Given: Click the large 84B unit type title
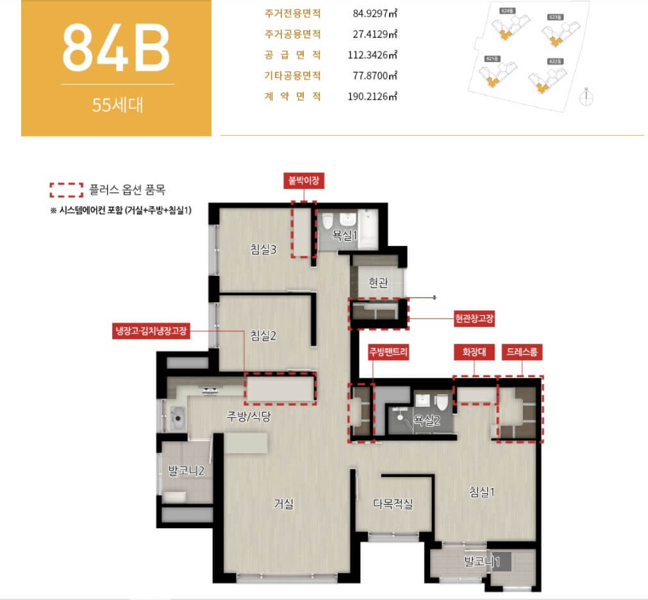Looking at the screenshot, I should (x=117, y=47).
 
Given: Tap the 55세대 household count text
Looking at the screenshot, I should (x=117, y=105).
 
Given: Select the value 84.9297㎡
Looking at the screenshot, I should (x=375, y=13).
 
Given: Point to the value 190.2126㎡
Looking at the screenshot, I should (x=375, y=97).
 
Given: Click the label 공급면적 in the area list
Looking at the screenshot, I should (x=292, y=55).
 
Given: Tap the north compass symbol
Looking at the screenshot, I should (x=586, y=96).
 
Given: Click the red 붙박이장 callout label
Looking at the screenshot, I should (x=304, y=181).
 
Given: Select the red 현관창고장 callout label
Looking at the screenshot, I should (x=474, y=318).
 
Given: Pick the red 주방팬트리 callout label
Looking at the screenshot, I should (x=388, y=352).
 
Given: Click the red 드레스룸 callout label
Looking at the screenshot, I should (x=521, y=352).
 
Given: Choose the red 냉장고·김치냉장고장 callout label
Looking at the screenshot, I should (x=151, y=331).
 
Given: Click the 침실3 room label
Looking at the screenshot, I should (x=263, y=250).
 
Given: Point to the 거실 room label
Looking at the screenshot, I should (x=283, y=504).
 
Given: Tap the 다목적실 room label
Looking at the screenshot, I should (x=393, y=504).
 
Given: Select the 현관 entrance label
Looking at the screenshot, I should (x=378, y=282).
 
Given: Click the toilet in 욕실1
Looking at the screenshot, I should (x=328, y=222).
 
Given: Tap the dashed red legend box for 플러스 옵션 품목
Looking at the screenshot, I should (x=67, y=190).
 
